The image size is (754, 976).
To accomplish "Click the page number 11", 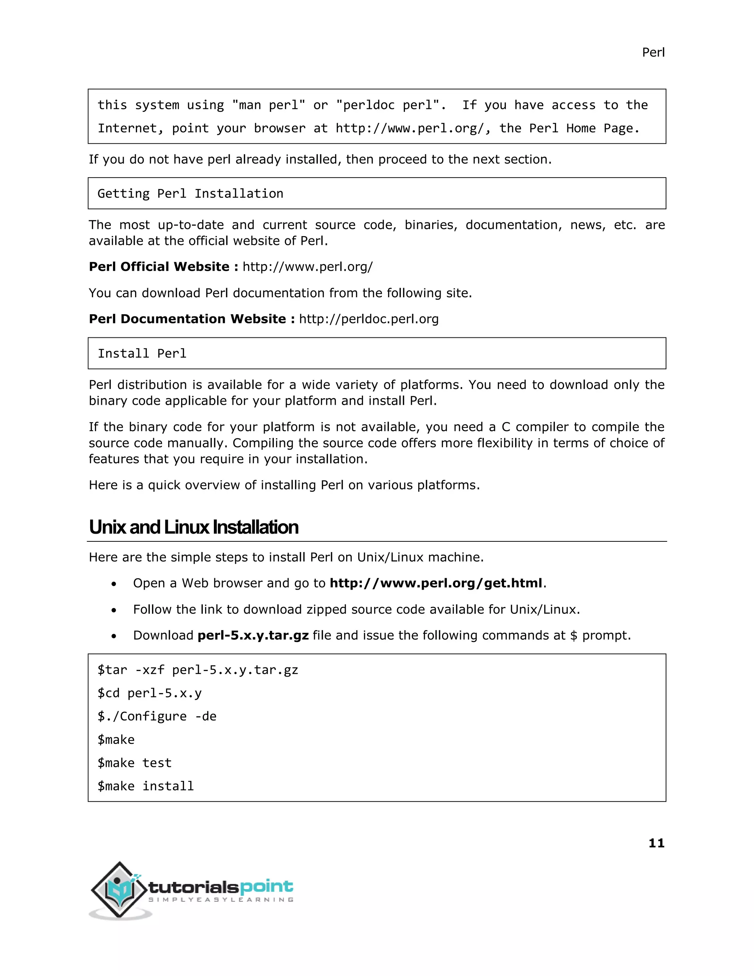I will point(656,843).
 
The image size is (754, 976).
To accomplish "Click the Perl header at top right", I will point(653,53).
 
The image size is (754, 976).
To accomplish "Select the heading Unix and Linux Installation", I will point(193,527).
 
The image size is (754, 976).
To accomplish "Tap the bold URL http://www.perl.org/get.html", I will point(436,583).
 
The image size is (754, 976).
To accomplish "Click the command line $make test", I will point(134,763).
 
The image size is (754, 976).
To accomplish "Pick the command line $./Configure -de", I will point(157,716).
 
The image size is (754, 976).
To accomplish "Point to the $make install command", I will point(146,786).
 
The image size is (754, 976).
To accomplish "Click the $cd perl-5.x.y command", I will point(149,693).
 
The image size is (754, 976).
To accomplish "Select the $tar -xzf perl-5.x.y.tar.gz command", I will point(197,670).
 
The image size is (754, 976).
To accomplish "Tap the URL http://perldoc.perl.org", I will point(369,319).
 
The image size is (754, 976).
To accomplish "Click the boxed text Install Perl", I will point(142,354).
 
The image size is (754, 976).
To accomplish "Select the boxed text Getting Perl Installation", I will point(190,193).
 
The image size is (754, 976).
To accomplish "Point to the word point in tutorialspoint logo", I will point(266,887).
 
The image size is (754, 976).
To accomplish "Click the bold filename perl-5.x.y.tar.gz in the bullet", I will point(253,635).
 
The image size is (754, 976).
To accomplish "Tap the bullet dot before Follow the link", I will point(114,610).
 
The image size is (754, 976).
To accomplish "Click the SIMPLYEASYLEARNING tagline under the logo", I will point(221,900).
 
